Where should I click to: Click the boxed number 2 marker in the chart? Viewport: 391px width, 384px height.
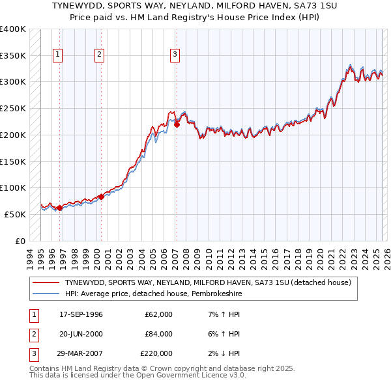point(100,55)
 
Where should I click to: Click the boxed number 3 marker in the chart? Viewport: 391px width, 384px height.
point(175,55)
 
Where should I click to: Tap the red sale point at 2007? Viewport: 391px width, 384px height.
point(177,124)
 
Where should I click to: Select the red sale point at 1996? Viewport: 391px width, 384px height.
point(59,208)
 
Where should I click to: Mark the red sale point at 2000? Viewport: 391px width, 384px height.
point(101,197)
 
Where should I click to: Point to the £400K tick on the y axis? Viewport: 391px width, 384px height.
point(12,29)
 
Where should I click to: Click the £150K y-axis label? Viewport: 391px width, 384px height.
point(12,161)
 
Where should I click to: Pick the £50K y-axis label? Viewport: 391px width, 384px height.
point(15,214)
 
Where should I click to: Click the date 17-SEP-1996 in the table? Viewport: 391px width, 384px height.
point(81,315)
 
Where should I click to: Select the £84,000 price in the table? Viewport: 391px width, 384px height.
point(158,334)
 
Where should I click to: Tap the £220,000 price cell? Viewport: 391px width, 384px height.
point(156,353)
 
